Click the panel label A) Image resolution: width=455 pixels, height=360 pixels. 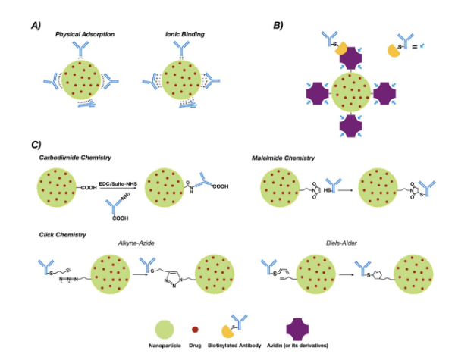point(36,24)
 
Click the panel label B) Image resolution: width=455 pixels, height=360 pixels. point(278,24)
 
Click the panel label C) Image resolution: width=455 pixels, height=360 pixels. point(37,144)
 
